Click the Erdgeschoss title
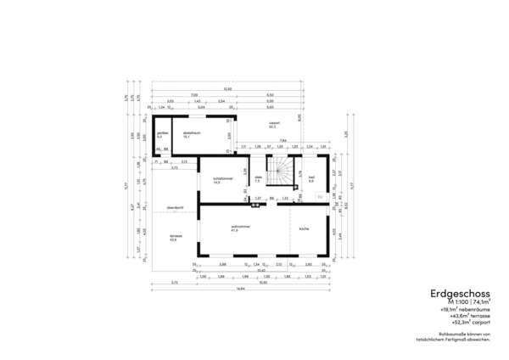453,294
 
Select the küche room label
303,228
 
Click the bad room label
311,179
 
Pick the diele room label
257,178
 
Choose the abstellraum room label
191,133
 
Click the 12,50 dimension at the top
227,89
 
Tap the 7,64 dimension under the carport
282,140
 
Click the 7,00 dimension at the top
194,95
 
